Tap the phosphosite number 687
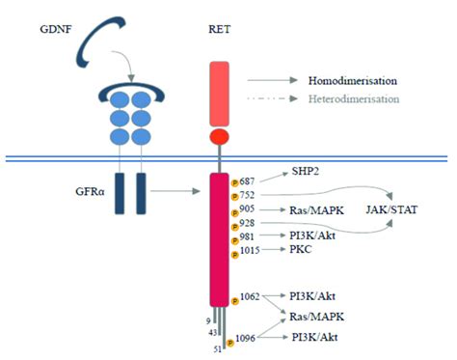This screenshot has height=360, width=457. [x=250, y=180]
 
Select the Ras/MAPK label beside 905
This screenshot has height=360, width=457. [x=315, y=208]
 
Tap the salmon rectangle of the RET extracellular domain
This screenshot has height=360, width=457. [x=221, y=92]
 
